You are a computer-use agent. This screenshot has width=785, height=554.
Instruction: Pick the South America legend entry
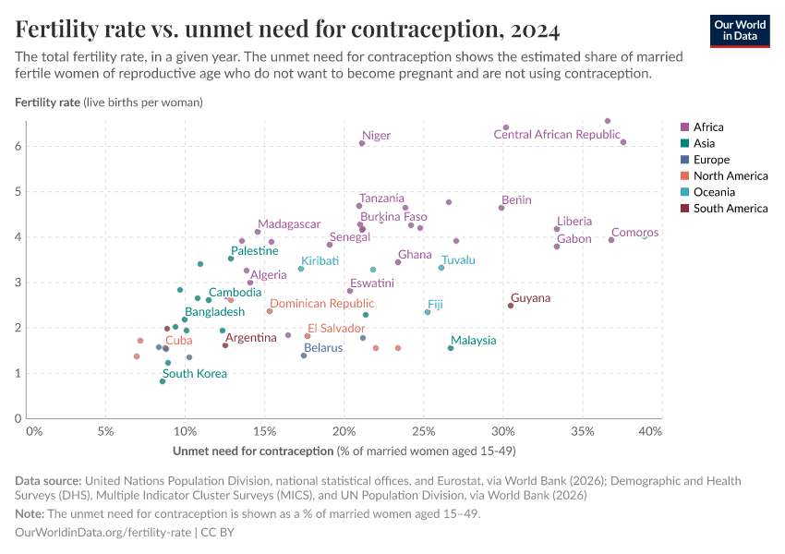(730, 209)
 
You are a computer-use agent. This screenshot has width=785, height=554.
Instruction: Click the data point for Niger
(362, 143)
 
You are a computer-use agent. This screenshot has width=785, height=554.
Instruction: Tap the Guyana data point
(510, 306)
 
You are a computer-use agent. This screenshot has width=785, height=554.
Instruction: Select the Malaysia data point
(451, 348)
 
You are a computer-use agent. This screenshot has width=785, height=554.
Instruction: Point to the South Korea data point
(163, 381)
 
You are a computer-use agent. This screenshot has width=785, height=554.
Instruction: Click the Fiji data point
(428, 312)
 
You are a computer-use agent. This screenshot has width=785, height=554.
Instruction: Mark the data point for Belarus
(304, 355)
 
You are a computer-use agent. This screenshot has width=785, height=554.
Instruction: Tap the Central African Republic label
(556, 135)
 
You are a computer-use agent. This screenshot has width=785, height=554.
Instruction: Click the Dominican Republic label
(321, 304)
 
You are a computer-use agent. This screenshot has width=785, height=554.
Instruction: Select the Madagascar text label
(289, 224)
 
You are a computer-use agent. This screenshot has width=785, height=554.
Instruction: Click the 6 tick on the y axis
(17, 146)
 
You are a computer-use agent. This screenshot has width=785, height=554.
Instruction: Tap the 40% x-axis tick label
(649, 431)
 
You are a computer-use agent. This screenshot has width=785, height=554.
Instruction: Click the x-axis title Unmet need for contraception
(252, 451)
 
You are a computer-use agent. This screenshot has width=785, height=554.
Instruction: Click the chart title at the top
(287, 30)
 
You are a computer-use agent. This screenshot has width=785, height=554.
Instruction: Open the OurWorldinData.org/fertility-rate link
(103, 533)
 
